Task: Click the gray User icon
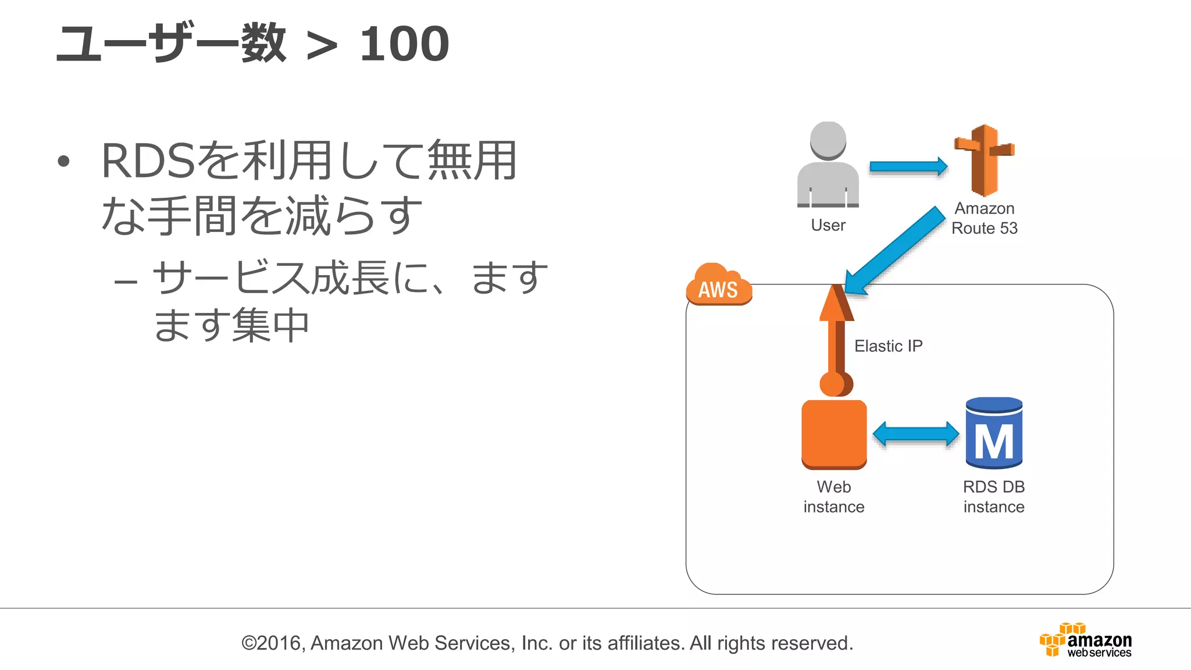click(x=828, y=166)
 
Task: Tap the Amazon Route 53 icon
click(x=984, y=160)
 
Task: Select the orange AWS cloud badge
click(x=718, y=285)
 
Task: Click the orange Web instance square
click(x=834, y=434)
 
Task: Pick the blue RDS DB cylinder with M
click(x=994, y=434)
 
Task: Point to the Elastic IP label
click(x=888, y=346)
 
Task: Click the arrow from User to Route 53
click(x=908, y=167)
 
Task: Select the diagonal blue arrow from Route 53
click(x=896, y=250)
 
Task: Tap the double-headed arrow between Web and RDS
click(x=916, y=434)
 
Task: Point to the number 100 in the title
click(x=404, y=44)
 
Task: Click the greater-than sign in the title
click(x=322, y=47)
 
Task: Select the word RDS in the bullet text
click(x=148, y=161)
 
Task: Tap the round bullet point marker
click(x=64, y=162)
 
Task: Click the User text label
click(x=828, y=225)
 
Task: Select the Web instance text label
click(x=834, y=497)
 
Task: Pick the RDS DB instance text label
click(x=994, y=497)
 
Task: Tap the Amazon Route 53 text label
click(x=985, y=218)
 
